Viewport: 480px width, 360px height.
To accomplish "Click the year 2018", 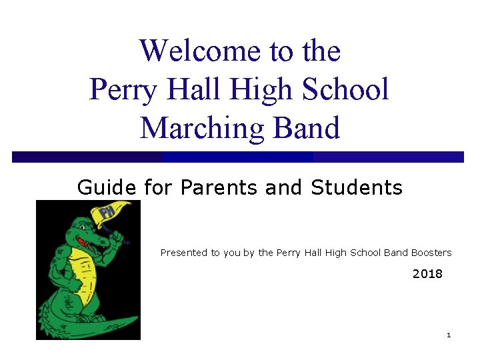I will pos(427,274).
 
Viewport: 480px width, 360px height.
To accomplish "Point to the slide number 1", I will pos(449,335).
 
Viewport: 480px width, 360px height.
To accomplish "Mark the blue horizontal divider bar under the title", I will pos(237,157).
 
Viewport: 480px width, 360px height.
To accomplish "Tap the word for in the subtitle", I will pos(158,188).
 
